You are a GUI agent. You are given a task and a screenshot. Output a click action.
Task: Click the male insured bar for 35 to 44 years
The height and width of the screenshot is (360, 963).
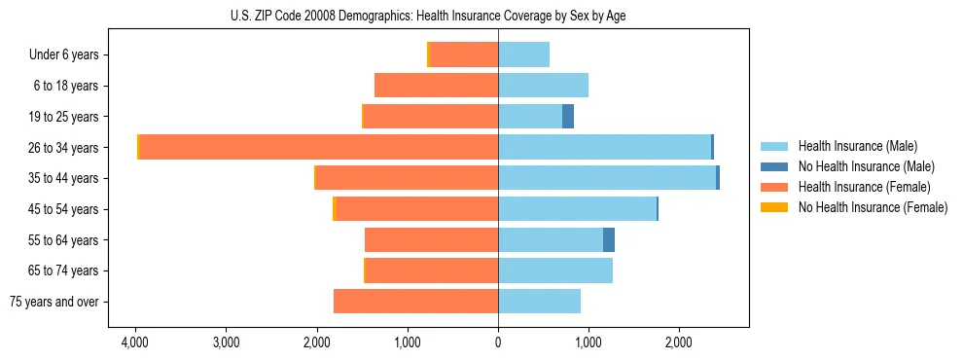[x=607, y=178]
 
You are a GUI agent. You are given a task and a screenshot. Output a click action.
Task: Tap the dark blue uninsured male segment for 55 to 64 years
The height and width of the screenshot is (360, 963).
[x=609, y=239]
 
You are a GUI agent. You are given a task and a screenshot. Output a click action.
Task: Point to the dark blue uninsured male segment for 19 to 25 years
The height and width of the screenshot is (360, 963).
[x=568, y=117]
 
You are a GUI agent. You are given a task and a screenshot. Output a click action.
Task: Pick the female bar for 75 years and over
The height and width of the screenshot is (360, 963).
[x=416, y=302]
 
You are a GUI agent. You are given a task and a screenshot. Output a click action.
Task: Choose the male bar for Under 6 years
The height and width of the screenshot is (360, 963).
[x=524, y=54]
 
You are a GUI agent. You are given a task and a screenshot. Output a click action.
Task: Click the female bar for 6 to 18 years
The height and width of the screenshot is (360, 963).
[x=437, y=86]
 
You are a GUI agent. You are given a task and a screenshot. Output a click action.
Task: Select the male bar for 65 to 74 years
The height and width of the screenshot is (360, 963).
[x=555, y=270]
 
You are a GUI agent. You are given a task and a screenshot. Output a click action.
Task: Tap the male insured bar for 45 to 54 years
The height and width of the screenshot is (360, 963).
[x=578, y=208]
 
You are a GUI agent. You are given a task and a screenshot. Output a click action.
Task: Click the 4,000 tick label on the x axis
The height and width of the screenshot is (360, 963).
[x=135, y=342]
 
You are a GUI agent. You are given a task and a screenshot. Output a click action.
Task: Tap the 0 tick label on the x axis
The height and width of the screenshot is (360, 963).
[x=498, y=342]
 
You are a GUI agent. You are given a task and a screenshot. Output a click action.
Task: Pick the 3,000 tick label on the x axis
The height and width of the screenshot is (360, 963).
[x=226, y=342]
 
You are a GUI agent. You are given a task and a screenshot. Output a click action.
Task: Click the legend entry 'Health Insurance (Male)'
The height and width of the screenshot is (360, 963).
[x=857, y=146]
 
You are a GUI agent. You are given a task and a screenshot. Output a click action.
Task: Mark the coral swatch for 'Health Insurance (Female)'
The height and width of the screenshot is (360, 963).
[x=774, y=187]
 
